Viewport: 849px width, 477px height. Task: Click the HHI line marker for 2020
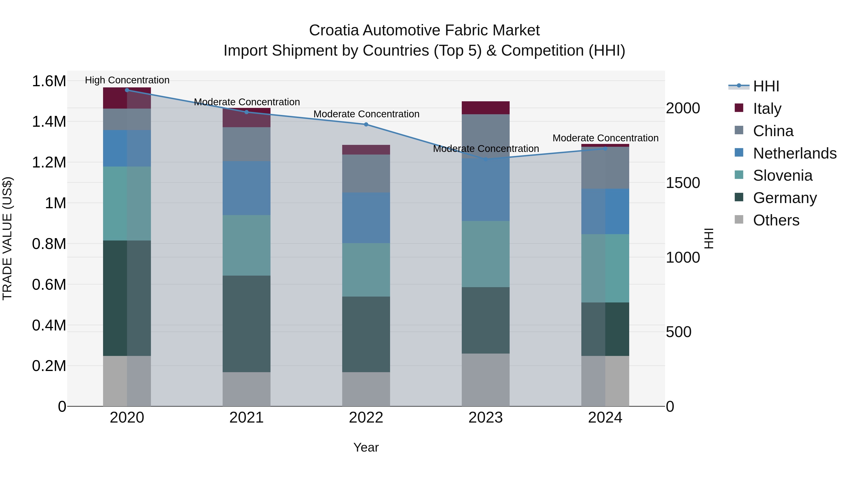127,90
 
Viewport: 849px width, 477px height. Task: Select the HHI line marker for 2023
486,159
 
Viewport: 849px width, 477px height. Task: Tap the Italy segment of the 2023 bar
486,108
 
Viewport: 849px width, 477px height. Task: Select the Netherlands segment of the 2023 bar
486,190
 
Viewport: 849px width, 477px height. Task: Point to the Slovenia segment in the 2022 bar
366,270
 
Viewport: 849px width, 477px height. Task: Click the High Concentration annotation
127,80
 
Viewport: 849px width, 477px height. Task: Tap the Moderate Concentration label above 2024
605,138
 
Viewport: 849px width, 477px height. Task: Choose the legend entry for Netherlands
795,153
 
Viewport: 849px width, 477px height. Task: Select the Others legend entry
776,220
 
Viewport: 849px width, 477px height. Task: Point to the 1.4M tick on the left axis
49,122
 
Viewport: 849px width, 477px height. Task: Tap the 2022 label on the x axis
366,418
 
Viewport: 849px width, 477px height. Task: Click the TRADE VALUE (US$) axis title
7,238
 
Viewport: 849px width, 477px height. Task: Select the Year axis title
366,447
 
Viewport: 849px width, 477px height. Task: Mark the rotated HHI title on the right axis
709,238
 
